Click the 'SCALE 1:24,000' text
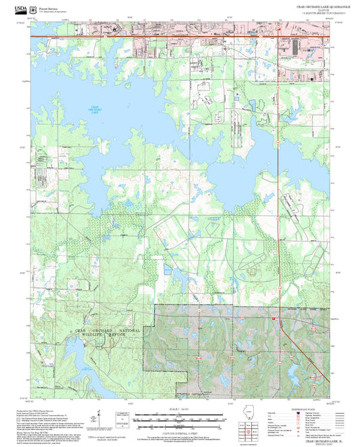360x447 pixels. pyautogui.click(x=180, y=409)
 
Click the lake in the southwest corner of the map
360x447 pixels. pyautogui.click(x=78, y=365)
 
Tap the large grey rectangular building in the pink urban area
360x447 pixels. pyautogui.click(x=296, y=49)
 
